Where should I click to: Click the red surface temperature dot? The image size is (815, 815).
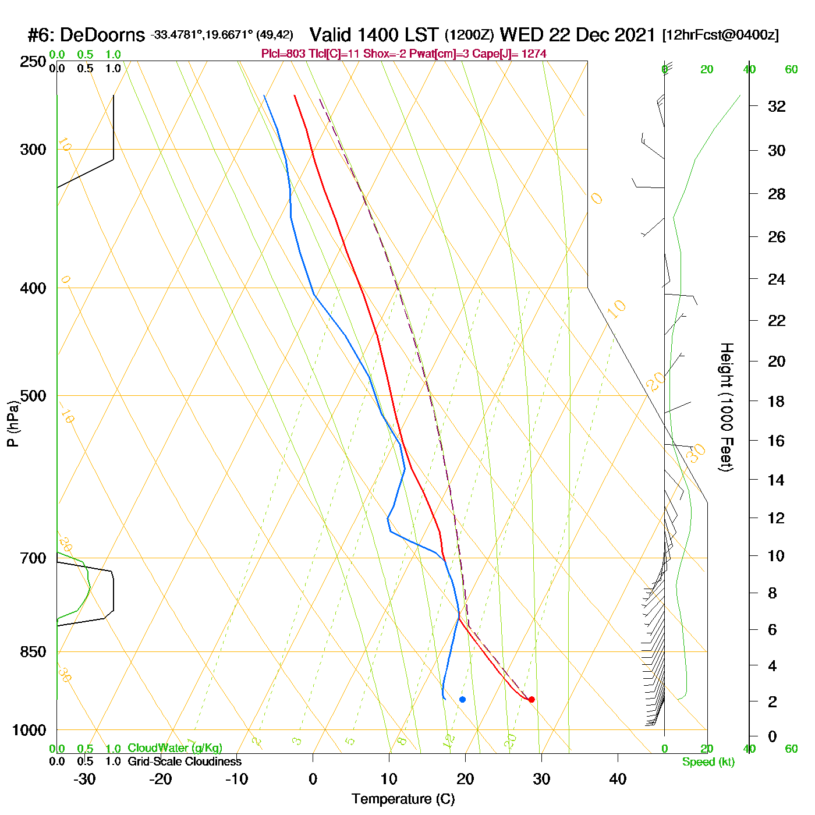(531, 699)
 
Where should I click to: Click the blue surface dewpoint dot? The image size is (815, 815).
(462, 699)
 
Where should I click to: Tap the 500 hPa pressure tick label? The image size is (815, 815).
(33, 396)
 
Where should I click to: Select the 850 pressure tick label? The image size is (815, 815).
(33, 652)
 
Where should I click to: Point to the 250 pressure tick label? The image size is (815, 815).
(33, 62)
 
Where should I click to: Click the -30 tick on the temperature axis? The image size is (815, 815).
(84, 779)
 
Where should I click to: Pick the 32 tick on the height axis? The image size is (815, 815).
(777, 107)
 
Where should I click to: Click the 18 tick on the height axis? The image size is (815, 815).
(777, 401)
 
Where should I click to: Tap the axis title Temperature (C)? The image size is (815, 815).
(403, 799)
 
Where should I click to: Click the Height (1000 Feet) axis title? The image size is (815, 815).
(727, 407)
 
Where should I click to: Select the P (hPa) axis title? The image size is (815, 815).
(13, 424)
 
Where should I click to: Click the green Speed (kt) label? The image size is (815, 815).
(708, 762)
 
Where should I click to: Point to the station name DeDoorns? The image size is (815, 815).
(102, 36)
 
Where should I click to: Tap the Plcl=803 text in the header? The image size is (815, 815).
(283, 54)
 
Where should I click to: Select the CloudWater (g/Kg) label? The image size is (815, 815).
(175, 748)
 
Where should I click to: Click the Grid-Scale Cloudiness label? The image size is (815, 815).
(185, 761)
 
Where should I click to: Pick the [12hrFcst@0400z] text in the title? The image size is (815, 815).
(720, 36)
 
